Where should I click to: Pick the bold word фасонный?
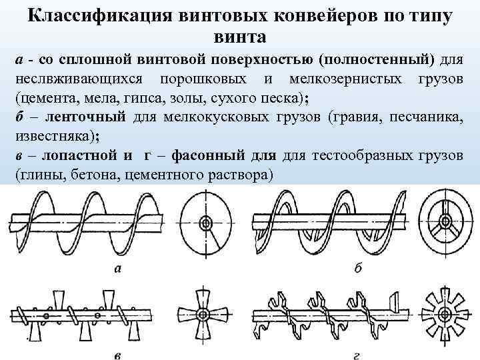pos(203,157)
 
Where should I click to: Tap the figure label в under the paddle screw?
pos(118,351)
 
